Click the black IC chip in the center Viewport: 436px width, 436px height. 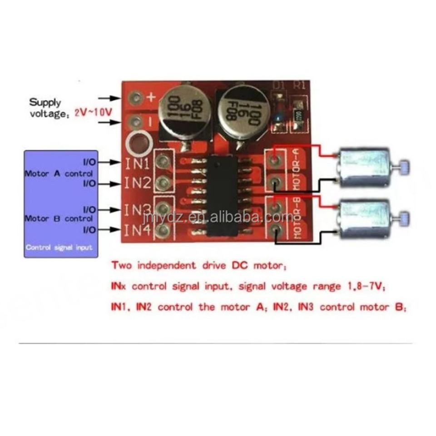coord(223,196)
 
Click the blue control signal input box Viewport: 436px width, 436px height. coord(61,204)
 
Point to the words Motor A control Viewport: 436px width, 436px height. coord(58,173)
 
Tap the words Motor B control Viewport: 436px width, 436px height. coord(58,218)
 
